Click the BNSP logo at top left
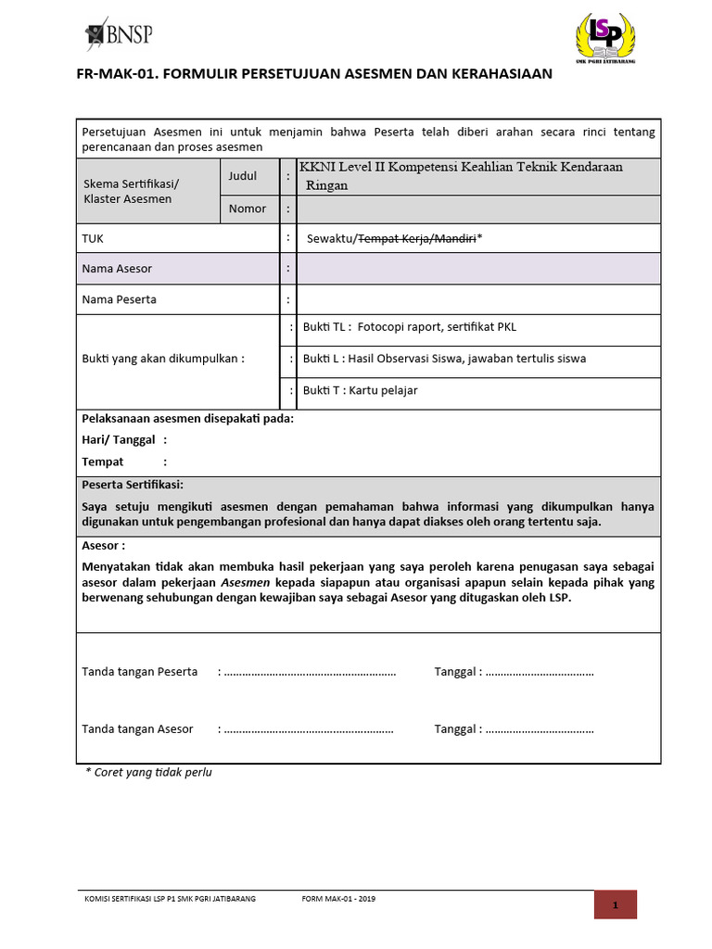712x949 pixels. click(118, 34)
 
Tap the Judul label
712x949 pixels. click(242, 176)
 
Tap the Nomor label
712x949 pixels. click(247, 209)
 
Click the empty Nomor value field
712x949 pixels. click(478, 209)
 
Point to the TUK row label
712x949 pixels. click(93, 238)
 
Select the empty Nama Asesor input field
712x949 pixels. click(478, 269)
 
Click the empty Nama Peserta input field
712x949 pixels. click(478, 299)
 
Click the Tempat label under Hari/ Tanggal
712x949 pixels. click(103, 462)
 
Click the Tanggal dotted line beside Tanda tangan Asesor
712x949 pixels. click(539, 729)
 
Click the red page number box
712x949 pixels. click(615, 905)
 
